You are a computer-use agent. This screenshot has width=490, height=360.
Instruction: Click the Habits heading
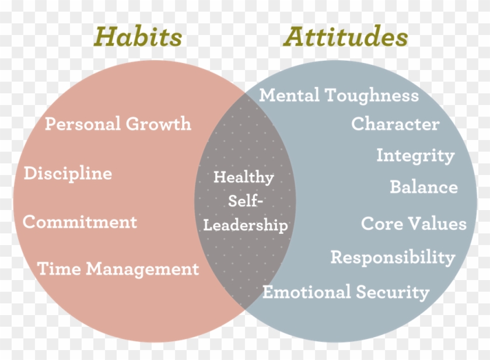pos(139,37)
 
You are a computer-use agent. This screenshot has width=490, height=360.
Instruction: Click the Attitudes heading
pos(345,37)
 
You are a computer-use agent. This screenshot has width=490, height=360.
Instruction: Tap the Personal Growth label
pos(118,124)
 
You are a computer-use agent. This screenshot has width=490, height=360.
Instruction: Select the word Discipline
pos(68,173)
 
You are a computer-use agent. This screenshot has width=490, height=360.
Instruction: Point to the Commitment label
pos(80,222)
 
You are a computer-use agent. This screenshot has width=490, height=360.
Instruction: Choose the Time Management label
pos(118,269)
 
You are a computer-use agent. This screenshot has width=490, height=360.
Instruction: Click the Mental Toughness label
pos(339,95)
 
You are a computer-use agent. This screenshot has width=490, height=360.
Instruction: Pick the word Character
pos(395,124)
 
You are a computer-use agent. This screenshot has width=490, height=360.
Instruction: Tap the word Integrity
pos(415,156)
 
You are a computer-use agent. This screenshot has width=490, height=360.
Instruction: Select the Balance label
pos(423,187)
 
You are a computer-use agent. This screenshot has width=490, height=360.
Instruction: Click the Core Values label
pos(414,223)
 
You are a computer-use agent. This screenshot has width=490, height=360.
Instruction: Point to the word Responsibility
pos(393,257)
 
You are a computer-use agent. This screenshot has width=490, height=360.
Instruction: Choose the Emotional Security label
pos(345,292)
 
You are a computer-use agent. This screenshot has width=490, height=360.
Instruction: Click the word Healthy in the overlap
pos(243,177)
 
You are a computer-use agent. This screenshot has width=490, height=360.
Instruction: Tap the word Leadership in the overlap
pos(245,225)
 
